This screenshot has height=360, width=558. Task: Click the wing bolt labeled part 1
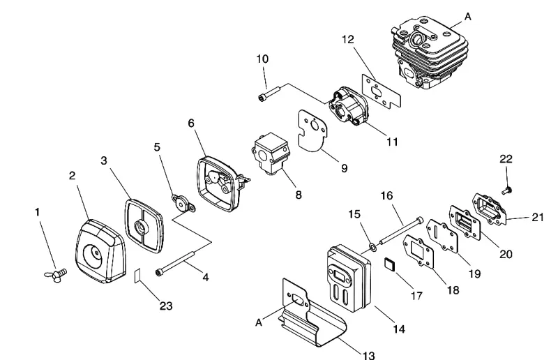[56, 275]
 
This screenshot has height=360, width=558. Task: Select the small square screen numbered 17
[389, 265]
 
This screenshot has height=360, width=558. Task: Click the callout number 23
[166, 306]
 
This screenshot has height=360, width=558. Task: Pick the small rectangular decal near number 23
[137, 276]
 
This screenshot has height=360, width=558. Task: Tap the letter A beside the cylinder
[467, 16]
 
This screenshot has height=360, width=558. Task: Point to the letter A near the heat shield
[259, 322]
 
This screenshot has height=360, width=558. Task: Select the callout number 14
[399, 329]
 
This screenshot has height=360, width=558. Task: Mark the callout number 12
[348, 39]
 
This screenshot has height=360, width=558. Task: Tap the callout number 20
[506, 254]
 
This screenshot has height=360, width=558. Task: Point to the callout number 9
[344, 168]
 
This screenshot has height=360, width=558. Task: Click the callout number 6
[191, 123]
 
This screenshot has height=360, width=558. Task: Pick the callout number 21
[537, 217]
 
